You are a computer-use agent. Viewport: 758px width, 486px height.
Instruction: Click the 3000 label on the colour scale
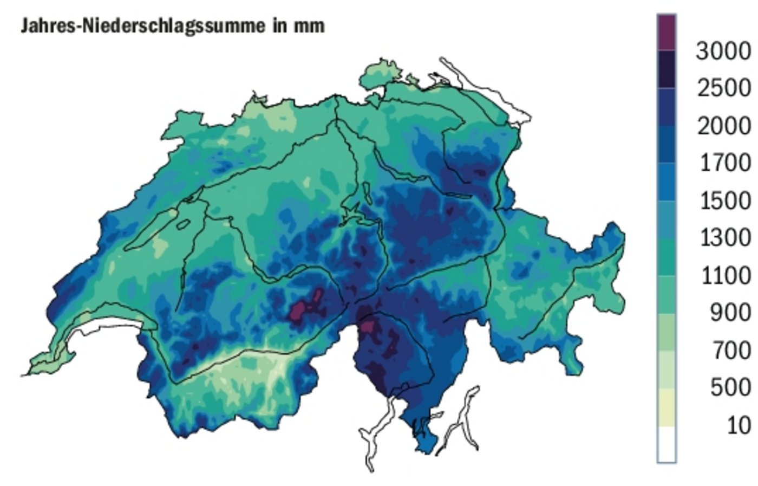click(x=723, y=51)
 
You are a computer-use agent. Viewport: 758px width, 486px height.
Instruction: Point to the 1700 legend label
click(x=725, y=163)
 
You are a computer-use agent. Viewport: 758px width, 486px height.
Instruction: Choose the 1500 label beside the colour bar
click(x=725, y=201)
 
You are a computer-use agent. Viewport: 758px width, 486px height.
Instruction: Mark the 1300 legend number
click(x=725, y=238)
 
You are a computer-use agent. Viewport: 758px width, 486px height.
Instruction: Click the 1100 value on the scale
click(x=725, y=276)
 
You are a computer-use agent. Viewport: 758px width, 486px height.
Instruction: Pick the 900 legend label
click(x=730, y=313)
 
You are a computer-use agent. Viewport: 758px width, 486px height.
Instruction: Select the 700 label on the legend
click(x=730, y=351)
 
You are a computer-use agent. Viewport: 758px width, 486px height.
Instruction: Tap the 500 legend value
click(x=730, y=387)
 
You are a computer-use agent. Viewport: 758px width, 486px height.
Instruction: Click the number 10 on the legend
click(x=739, y=425)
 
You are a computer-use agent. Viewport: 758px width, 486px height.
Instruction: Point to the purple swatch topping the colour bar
click(x=666, y=33)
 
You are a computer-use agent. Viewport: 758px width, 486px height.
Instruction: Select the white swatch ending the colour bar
click(x=666, y=444)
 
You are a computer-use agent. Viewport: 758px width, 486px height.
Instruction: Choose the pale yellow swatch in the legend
click(x=666, y=407)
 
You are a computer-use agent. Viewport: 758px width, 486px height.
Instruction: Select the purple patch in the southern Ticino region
click(x=368, y=327)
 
